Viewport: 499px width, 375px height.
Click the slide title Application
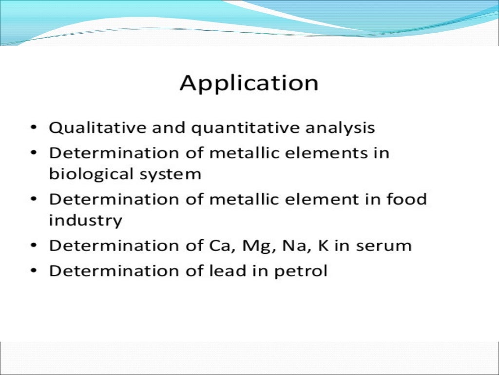click(x=249, y=83)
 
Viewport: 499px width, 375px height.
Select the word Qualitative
click(x=87, y=128)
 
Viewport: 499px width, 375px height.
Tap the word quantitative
click(x=246, y=128)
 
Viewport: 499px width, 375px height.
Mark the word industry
click(x=85, y=221)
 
